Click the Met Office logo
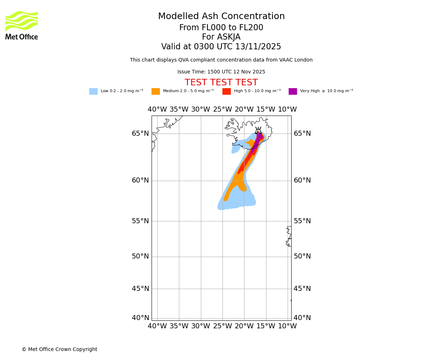coord(22,25)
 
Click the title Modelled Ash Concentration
coord(221,17)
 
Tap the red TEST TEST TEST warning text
coord(221,83)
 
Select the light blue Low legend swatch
coord(93,91)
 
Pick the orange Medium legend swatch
coord(156,91)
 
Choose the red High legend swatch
coord(226,91)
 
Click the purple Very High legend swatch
coord(293,91)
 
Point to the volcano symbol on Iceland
coord(258,131)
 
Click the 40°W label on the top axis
coord(157,109)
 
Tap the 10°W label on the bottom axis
coord(287,326)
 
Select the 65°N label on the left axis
coord(140,134)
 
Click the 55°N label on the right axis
coord(302,221)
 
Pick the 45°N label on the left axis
coord(140,289)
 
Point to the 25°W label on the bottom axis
coord(222,326)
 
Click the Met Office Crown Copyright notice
coord(59,350)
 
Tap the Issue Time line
coord(221,72)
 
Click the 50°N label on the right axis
coord(302,256)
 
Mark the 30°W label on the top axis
coord(201,109)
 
